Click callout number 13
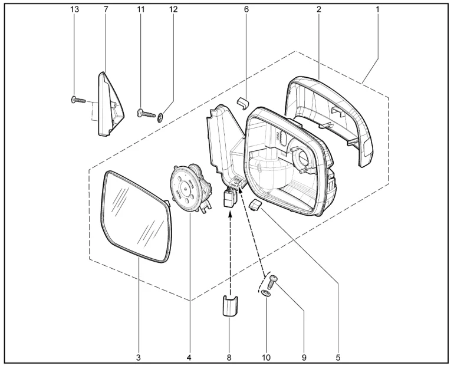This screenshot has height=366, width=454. [x=74, y=9]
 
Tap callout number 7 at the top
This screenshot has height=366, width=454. [x=106, y=9]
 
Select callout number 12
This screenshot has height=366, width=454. [x=173, y=9]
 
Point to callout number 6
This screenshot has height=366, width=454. [x=246, y=9]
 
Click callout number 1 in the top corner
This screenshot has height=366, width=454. [x=377, y=9]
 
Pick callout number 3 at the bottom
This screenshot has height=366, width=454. [x=139, y=358]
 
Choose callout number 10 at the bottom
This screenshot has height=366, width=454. [x=266, y=358]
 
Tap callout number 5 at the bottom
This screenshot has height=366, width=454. [x=338, y=358]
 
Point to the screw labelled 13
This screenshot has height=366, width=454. [x=78, y=100]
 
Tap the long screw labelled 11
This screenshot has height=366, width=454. [x=146, y=113]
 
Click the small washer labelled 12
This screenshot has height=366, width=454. [x=161, y=117]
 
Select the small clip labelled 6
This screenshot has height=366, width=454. [x=243, y=103]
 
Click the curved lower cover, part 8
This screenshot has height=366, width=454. [x=230, y=306]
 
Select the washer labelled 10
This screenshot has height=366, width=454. [x=266, y=294]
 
